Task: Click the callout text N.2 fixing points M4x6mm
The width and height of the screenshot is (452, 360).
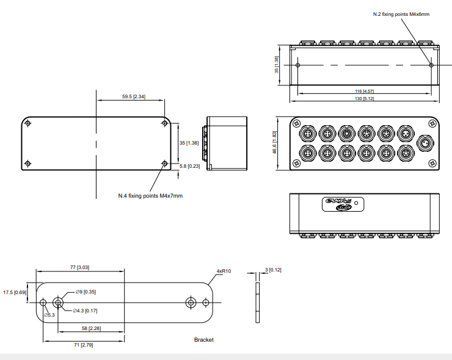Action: point(401,14)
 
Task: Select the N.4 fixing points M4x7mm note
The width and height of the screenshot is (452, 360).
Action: point(150,196)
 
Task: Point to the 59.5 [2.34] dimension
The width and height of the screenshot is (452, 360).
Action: point(132,96)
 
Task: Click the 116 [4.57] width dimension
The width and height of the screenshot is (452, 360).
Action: point(365,90)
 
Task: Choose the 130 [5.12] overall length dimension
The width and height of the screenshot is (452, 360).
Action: point(365,98)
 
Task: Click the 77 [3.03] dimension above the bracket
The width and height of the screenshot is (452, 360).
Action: point(80,267)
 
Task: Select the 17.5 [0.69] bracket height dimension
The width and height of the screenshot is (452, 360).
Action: point(15,292)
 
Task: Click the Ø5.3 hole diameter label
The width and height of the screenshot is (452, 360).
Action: point(49,315)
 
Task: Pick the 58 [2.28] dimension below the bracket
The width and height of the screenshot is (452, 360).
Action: point(92,328)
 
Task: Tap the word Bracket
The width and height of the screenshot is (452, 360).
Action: point(204,340)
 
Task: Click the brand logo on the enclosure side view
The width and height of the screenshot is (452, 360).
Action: point(338,203)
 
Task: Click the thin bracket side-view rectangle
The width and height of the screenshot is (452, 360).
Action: point(258,302)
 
